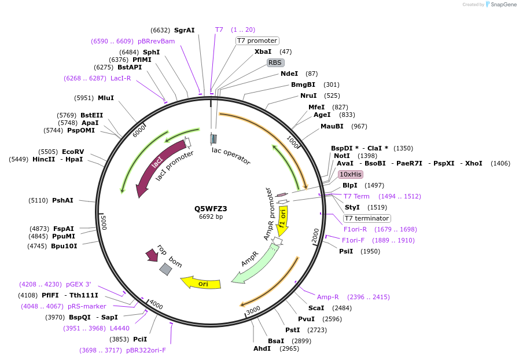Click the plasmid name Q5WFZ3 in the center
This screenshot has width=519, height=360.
(211, 208)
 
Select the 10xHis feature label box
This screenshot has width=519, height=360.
(351, 174)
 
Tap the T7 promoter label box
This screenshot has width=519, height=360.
(257, 41)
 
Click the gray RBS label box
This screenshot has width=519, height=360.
(275, 63)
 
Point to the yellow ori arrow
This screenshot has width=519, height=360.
(200, 282)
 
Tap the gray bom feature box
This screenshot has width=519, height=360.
(165, 269)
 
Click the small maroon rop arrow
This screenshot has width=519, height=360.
(152, 254)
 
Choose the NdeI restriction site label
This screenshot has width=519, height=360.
(289, 74)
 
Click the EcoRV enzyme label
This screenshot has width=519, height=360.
(73, 152)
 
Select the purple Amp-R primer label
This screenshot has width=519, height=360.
(328, 297)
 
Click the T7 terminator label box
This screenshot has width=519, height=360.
(367, 218)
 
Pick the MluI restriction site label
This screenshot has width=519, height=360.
(106, 98)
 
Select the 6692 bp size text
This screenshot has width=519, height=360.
(211, 217)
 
